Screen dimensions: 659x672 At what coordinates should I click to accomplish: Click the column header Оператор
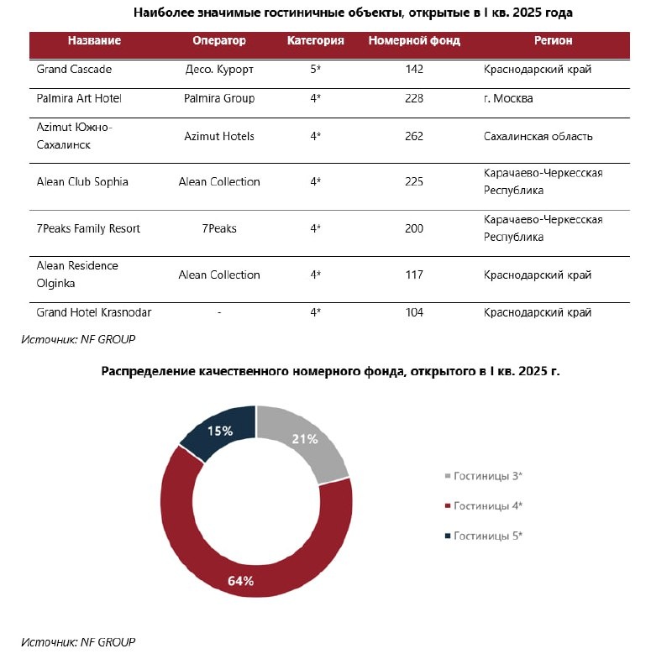[219, 40]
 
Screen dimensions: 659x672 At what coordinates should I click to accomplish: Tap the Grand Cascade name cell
[74, 69]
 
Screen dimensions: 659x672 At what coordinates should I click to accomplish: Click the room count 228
[413, 98]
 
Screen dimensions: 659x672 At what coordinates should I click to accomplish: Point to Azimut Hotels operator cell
[219, 136]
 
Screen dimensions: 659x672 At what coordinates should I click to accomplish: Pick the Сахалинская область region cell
[538, 136]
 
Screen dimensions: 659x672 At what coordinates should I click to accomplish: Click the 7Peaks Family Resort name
[88, 228]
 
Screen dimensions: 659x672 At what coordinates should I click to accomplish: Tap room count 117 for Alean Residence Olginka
[413, 275]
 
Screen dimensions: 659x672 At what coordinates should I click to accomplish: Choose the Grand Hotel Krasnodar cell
[93, 312]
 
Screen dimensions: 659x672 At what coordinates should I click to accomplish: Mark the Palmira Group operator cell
[219, 98]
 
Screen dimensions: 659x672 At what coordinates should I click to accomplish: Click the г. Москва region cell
[508, 98]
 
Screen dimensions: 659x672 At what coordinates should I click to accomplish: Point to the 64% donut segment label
[240, 580]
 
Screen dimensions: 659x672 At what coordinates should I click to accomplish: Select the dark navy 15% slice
[221, 431]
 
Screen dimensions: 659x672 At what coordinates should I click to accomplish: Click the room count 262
[413, 136]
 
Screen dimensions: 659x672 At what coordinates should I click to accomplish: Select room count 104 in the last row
[413, 312]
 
